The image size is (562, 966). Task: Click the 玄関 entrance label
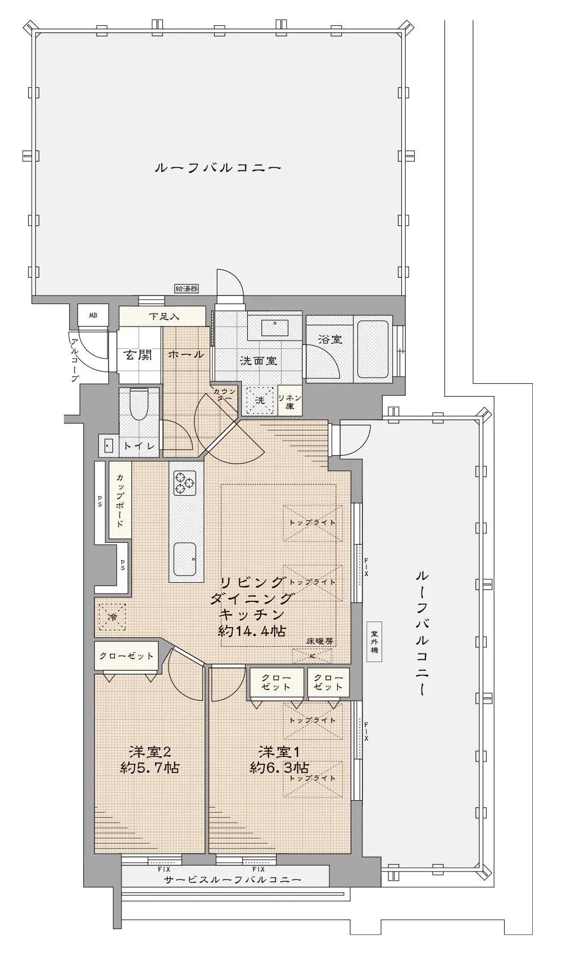point(138,355)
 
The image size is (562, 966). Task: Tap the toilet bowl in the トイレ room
point(138,403)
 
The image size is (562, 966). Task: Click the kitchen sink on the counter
point(185,559)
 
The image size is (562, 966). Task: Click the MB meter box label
point(93,315)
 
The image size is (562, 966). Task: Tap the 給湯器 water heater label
point(187,289)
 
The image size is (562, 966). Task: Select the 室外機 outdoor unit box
point(374,642)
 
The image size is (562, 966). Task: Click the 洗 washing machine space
point(260,400)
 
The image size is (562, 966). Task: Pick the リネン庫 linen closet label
point(290,401)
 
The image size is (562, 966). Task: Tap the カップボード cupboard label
point(120,501)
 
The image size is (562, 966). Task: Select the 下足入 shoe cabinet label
point(164,317)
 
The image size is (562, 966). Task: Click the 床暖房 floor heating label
point(320,641)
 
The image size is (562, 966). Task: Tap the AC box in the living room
point(312,656)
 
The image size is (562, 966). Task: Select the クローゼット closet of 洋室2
point(126,656)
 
